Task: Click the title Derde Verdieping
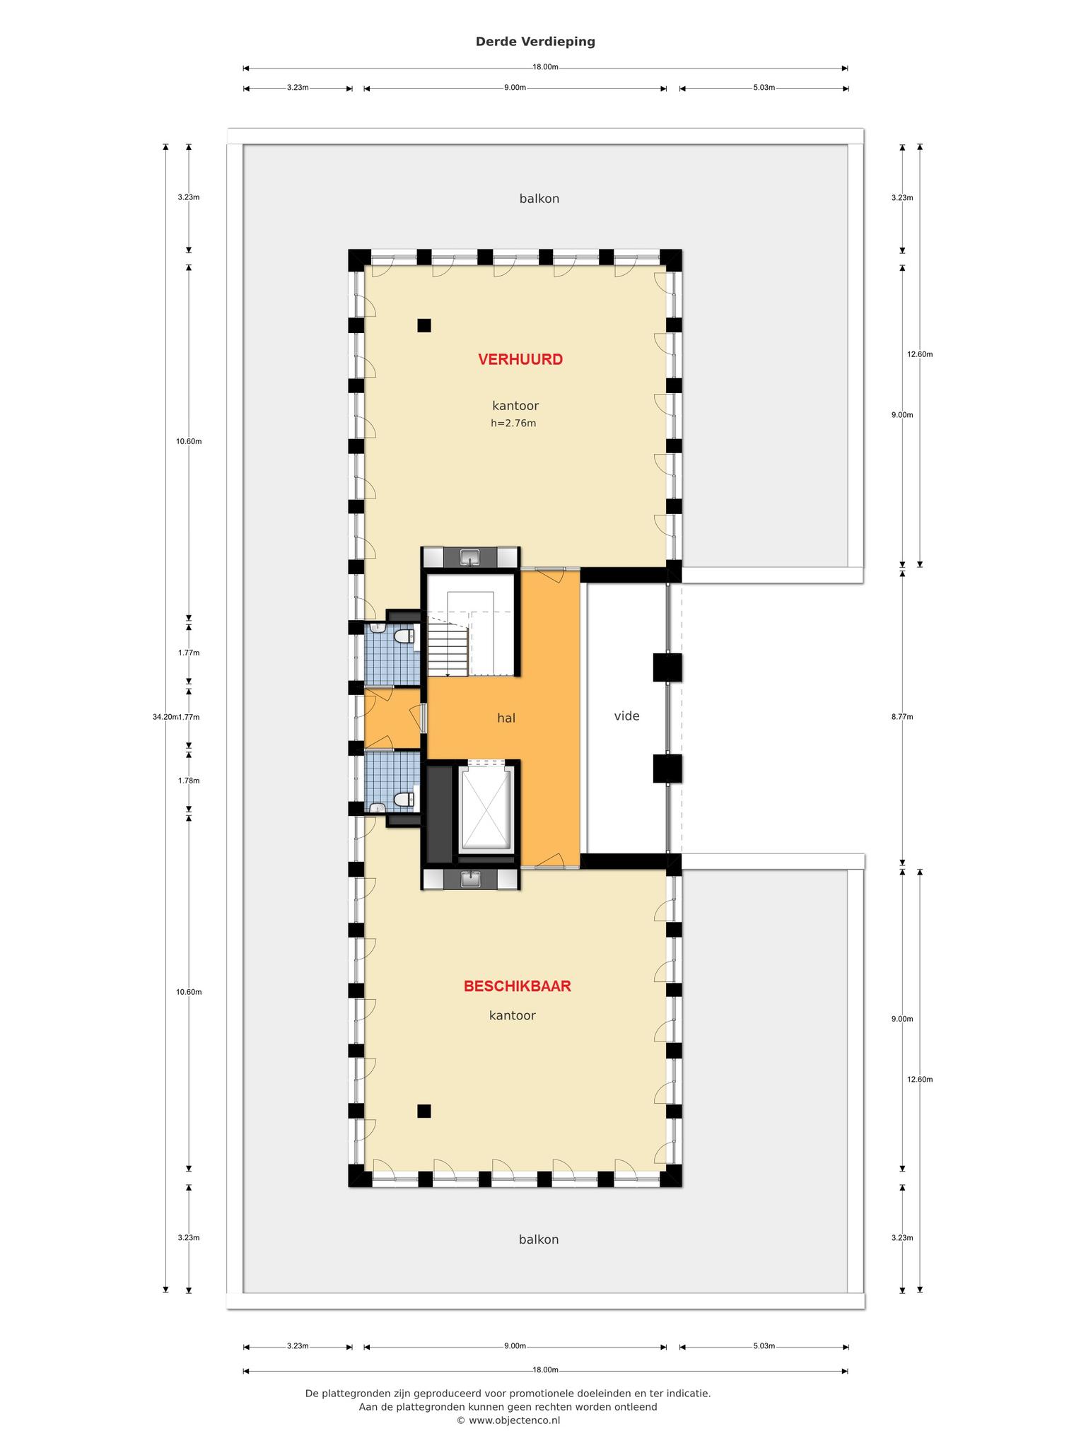point(535,42)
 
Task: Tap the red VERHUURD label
point(520,359)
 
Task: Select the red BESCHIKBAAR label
point(518,986)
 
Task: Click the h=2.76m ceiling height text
point(513,424)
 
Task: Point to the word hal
point(506,718)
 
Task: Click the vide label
point(626,716)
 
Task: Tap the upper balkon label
point(539,199)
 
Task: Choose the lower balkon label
point(539,1239)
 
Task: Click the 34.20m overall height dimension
point(165,717)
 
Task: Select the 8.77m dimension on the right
point(902,717)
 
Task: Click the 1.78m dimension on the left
point(189,781)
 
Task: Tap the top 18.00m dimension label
point(545,67)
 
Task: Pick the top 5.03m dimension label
point(764,88)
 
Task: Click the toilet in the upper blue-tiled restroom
point(404,636)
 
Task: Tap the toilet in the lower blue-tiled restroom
point(403,800)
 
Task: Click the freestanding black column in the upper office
point(424,325)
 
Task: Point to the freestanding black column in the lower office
point(424,1111)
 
